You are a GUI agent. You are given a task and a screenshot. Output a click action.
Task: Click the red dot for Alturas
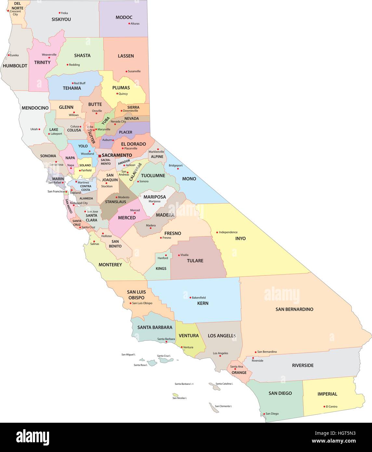point(129,23)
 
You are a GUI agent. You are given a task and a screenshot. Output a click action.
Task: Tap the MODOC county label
point(124,17)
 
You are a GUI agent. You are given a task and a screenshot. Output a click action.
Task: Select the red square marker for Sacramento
point(100,156)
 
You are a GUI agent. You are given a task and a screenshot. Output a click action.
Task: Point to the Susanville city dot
point(126,71)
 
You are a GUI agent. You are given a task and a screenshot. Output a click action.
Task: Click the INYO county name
point(240,238)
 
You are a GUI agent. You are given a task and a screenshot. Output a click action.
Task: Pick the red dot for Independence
point(217,232)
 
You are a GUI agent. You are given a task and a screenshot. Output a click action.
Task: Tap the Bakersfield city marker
point(190,298)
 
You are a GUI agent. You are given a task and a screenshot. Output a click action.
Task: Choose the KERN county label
point(203,303)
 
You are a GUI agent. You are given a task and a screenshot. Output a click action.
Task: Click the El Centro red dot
point(324,406)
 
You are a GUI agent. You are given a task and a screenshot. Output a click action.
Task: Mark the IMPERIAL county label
point(327,394)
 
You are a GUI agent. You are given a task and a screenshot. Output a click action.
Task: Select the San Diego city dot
point(264,414)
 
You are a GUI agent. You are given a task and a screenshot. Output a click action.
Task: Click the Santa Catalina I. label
point(224,384)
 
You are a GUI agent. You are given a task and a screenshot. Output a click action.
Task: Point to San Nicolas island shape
point(175,395)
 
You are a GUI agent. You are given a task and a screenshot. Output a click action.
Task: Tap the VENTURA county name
point(189,336)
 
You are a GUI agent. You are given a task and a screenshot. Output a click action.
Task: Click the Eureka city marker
point(9,55)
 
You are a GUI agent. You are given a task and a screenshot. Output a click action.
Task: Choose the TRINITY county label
point(42,62)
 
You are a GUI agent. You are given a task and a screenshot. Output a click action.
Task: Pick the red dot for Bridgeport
point(167,166)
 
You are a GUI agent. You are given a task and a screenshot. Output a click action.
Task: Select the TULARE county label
point(195,260)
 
